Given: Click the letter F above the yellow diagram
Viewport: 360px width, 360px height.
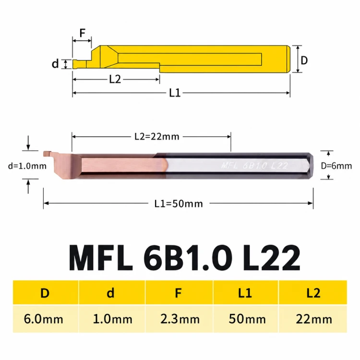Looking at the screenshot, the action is [x=82, y=33].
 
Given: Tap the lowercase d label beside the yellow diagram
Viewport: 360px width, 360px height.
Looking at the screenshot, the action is [x=55, y=63].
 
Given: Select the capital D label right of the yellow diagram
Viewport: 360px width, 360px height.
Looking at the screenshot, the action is [x=304, y=60].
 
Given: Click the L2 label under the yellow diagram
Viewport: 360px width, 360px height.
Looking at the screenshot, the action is [x=115, y=79].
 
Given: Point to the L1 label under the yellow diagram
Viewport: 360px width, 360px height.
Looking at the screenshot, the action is [x=175, y=93].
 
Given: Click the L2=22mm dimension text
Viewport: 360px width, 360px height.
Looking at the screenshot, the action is [x=157, y=137].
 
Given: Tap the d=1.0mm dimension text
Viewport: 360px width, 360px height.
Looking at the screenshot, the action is [x=27, y=166].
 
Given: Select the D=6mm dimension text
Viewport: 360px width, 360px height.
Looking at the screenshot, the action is [x=336, y=166].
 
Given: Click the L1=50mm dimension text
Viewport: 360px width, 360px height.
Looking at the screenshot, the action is [x=179, y=204].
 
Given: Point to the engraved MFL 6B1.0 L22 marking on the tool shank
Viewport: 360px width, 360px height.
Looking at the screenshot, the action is [x=254, y=166].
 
